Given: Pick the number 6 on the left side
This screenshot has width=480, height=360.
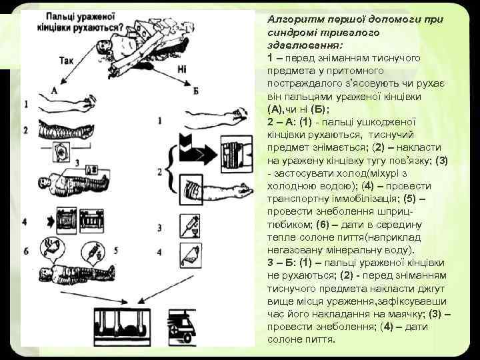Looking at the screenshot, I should pos(26,251).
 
